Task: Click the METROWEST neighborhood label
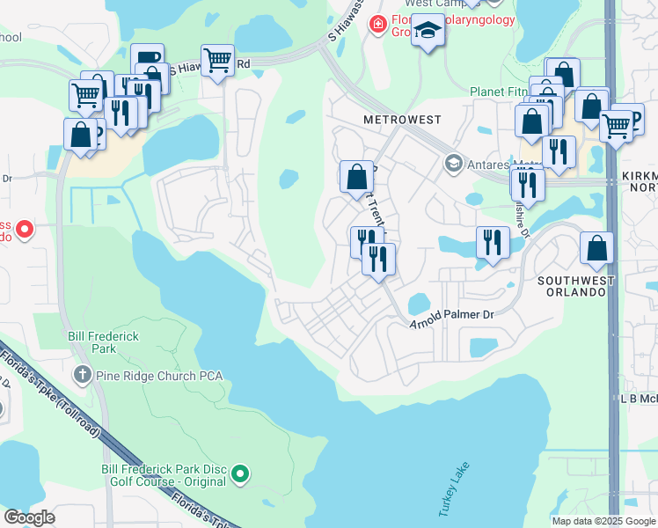point(402,119)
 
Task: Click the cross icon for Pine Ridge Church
point(82,376)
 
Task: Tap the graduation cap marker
point(428,30)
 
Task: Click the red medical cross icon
point(377,24)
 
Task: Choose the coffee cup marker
point(148,60)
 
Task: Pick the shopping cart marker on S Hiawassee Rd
point(217,61)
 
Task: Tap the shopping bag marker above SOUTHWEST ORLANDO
point(596,249)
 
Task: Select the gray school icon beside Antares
point(452,163)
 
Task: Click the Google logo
point(29,517)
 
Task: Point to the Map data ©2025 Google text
point(602,521)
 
